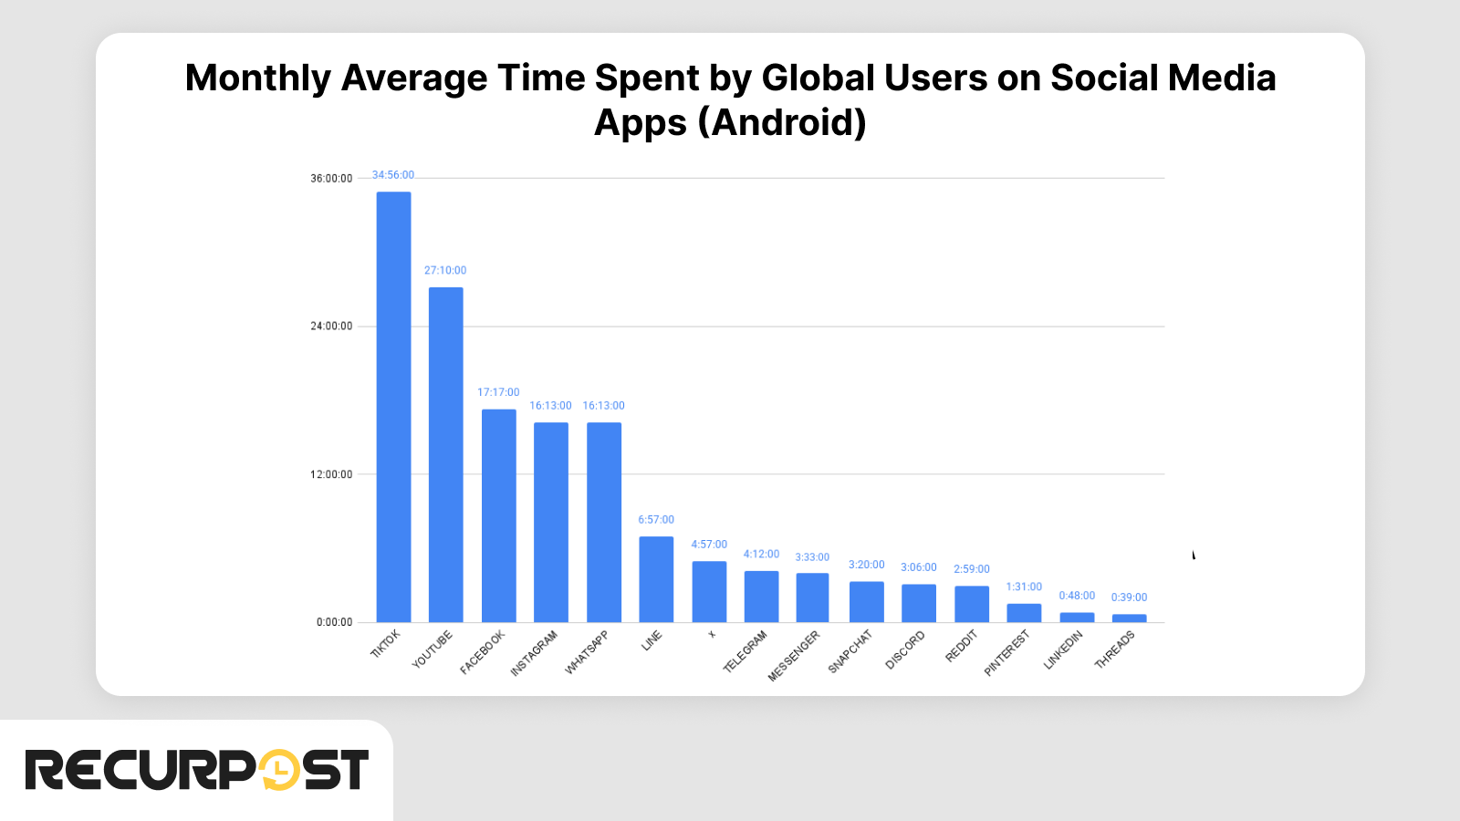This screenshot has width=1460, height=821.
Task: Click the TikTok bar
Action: (x=393, y=407)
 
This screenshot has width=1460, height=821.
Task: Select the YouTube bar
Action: (x=445, y=454)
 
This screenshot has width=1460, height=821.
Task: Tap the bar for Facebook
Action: (x=498, y=515)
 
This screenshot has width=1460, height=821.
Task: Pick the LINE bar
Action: (x=656, y=579)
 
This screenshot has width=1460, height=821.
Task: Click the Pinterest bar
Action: (x=1024, y=613)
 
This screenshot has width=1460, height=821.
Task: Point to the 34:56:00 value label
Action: (x=392, y=175)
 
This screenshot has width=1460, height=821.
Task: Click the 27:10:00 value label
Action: (x=444, y=271)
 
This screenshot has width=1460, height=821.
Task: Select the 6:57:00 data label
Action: (x=655, y=520)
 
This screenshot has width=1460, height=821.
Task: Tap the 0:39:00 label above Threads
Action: (x=1129, y=598)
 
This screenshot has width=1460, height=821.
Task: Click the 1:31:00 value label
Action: (x=1024, y=587)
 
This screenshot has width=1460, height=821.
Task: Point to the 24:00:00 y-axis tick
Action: (x=331, y=327)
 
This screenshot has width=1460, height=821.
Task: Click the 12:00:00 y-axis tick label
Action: (x=331, y=474)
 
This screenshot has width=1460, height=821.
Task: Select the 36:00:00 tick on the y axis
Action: (x=331, y=179)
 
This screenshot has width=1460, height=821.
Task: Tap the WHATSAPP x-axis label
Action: (x=587, y=652)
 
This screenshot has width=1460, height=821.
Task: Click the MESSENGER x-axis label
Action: (x=794, y=655)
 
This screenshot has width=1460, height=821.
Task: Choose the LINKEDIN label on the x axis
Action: (x=1063, y=650)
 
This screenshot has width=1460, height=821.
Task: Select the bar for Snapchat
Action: (x=866, y=602)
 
